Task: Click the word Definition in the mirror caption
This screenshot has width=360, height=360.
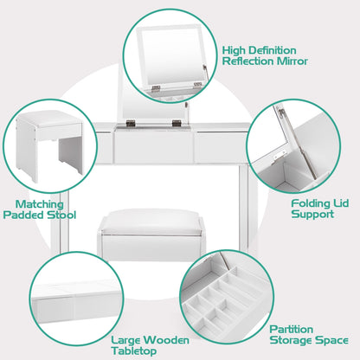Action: [272, 50]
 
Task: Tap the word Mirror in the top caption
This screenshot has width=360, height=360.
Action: [292, 61]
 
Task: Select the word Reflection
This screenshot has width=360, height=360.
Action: [248, 61]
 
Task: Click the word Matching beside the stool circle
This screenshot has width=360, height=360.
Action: [40, 204]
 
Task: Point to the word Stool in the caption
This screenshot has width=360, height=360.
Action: [61, 215]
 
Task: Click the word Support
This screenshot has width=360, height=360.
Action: [312, 215]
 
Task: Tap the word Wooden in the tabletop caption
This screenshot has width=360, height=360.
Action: [167, 340]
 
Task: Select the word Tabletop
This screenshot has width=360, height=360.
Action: [134, 351]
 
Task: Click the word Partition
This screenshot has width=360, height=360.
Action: [292, 330]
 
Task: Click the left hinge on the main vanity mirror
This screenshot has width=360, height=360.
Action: [131, 123]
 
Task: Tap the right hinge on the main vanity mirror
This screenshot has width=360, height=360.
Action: [176, 123]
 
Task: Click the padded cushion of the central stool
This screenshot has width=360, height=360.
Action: [151, 222]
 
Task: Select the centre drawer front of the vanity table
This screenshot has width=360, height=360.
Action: [154, 145]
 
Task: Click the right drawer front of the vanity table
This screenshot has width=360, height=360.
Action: [221, 146]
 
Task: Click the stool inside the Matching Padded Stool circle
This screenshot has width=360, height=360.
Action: [49, 145]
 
